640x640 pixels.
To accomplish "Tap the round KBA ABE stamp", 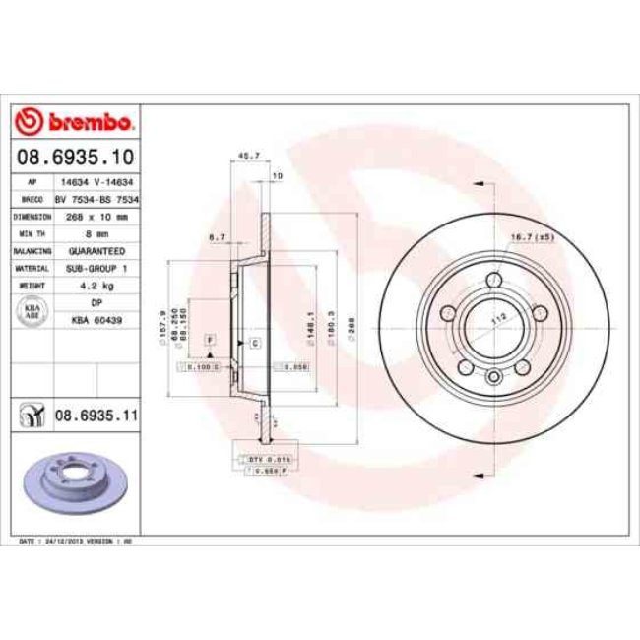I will pyautogui.click(x=31, y=311).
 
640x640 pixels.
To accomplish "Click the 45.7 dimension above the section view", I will pyautogui.click(x=250, y=156).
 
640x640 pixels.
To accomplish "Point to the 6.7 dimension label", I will pyautogui.click(x=219, y=237).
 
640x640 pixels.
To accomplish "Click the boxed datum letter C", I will pyautogui.click(x=255, y=342).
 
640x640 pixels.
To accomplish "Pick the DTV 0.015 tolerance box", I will pyautogui.click(x=256, y=458).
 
